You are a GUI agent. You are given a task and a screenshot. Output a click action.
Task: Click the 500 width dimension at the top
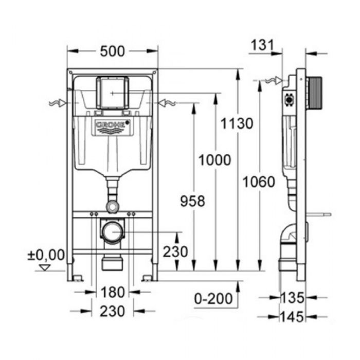[113, 51]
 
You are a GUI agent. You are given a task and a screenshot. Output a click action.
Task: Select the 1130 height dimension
[237, 123]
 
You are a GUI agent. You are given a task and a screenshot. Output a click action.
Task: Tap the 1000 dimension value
[214, 160]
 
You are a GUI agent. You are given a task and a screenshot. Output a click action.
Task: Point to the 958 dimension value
[192, 201]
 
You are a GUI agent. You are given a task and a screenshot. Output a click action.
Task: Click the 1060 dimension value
[259, 182]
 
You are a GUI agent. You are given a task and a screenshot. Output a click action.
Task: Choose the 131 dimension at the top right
[262, 45]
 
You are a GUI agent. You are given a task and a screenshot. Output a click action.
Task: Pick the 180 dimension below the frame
[113, 292]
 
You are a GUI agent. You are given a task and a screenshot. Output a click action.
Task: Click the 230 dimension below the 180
[113, 311]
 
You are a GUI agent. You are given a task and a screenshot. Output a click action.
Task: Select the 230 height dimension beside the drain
[175, 251]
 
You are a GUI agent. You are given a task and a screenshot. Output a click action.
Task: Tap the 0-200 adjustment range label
[213, 299]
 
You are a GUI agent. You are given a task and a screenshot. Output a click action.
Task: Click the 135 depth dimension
[293, 298]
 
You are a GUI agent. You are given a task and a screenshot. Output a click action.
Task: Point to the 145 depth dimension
[292, 317]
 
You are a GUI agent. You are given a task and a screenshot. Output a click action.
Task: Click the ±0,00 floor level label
[46, 255]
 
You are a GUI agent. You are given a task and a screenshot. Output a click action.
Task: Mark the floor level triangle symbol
[45, 267]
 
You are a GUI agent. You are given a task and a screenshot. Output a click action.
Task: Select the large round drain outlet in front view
[113, 231]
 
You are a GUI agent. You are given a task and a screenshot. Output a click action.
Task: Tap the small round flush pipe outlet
[113, 206]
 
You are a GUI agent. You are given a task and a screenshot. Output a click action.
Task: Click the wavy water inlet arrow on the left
[58, 103]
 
